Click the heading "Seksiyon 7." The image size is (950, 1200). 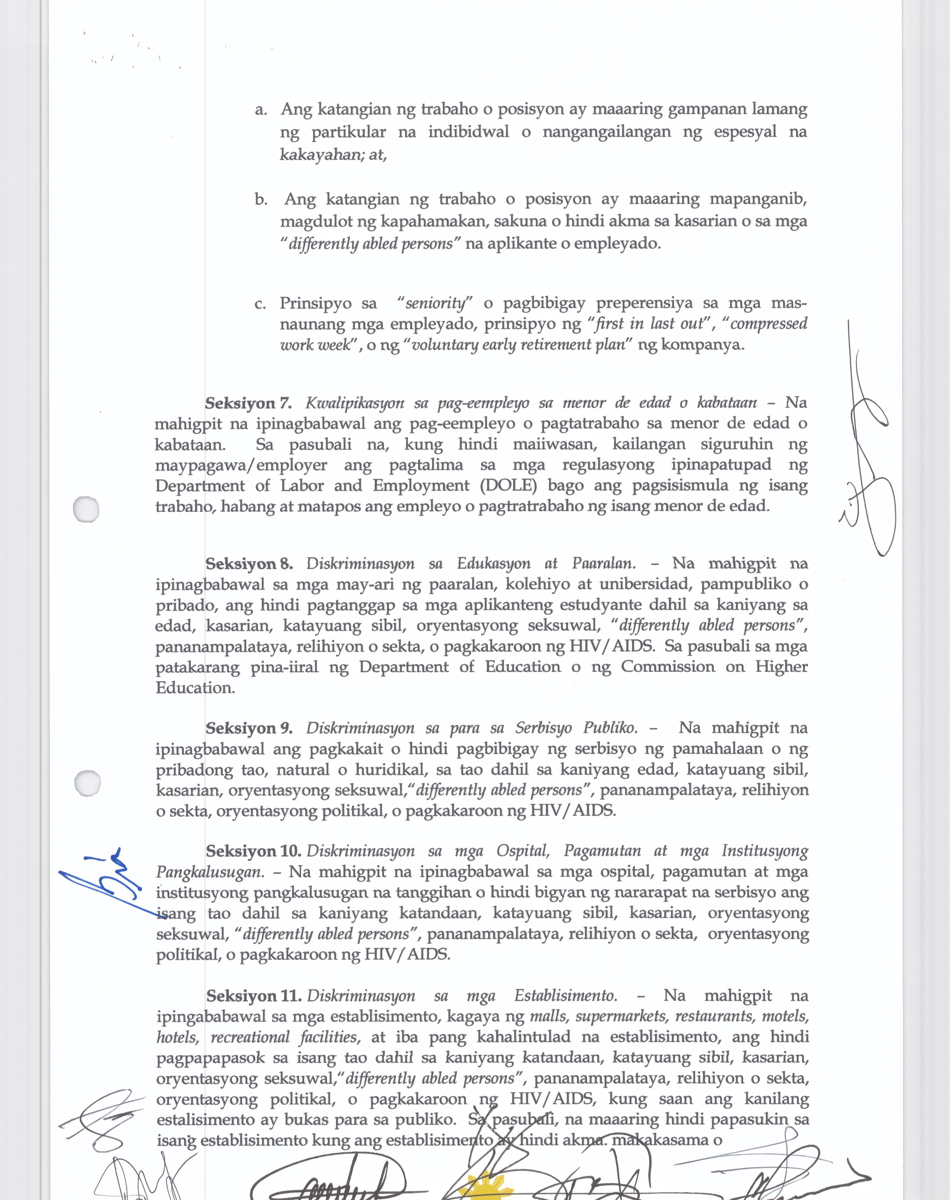click(x=248, y=403)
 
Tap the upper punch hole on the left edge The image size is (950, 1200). click(x=86, y=509)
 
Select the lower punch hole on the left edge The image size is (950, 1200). click(x=87, y=783)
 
